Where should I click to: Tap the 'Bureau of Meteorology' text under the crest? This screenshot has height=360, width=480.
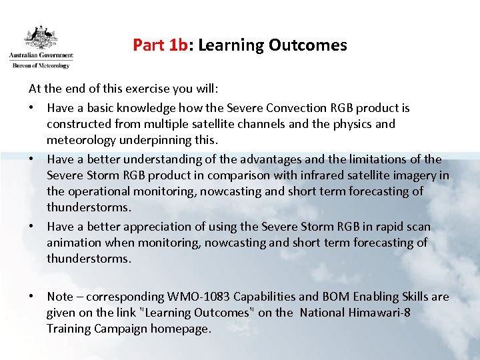40,65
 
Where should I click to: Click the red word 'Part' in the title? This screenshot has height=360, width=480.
149,45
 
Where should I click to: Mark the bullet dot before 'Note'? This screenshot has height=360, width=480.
32,297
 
